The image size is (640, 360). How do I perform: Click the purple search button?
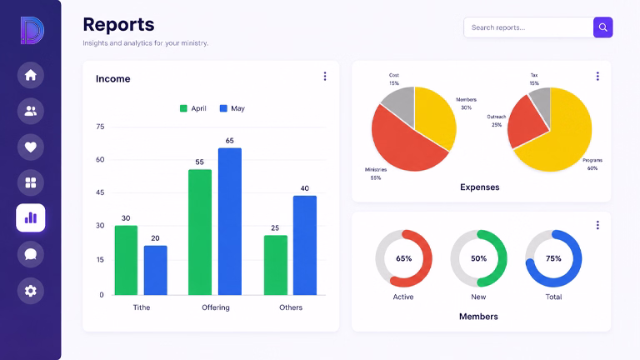602,27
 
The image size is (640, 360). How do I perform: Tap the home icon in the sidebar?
31,75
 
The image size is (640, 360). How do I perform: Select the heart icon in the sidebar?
31,147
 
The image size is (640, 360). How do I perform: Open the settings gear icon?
31,291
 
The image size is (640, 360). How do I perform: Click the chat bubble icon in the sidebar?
31,254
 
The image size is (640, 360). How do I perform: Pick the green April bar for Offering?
200,232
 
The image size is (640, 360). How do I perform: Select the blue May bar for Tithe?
156,270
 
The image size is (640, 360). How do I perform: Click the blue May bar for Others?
305,245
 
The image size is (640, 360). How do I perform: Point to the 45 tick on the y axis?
100,192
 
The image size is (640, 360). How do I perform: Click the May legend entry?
232,108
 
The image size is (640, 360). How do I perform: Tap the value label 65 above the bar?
230,141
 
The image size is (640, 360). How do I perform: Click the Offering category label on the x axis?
216,307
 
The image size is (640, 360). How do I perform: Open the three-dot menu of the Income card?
325,77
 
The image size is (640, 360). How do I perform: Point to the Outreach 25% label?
497,121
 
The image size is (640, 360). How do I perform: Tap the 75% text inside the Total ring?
553,258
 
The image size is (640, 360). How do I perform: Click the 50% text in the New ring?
479,258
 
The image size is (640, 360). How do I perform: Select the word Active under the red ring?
403,297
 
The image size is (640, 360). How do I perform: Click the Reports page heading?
119,24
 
